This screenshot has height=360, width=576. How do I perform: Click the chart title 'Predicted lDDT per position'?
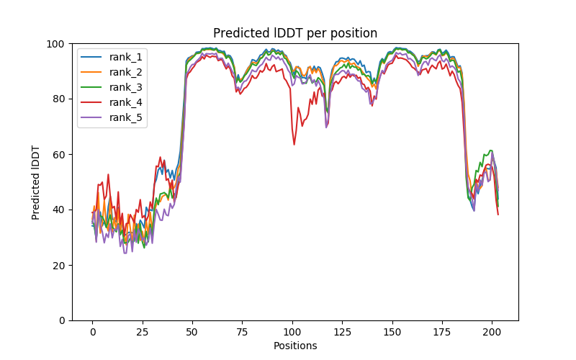coord(294,33)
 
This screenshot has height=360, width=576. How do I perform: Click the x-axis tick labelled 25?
coord(142,333)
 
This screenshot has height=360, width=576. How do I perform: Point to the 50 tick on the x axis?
coord(192,333)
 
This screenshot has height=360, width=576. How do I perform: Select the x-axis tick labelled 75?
coord(242,333)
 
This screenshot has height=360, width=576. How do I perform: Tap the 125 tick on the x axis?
coord(342,333)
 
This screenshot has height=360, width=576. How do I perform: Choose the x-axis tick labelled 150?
coord(392,333)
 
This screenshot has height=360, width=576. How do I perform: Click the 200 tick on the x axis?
coord(492,333)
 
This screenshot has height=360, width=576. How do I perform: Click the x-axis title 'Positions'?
coord(294,346)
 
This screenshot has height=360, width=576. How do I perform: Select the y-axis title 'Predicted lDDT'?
coord(36,182)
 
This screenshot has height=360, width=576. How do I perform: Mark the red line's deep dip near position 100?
coord(294,144)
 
